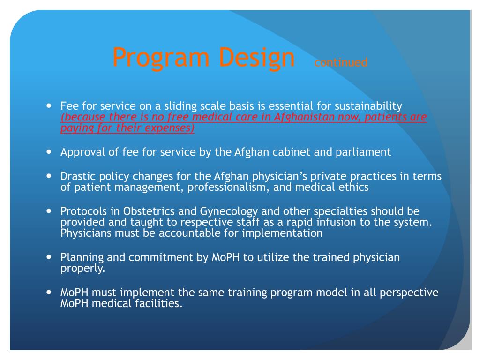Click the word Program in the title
click(x=161, y=57)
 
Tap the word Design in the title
click(x=257, y=57)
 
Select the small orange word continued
click(x=341, y=62)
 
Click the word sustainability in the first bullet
click(x=368, y=106)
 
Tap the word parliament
click(x=363, y=152)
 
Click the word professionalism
click(x=228, y=187)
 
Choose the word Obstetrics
click(x=149, y=211)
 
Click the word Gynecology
click(x=229, y=212)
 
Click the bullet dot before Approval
click(x=49, y=151)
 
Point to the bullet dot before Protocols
click(x=49, y=211)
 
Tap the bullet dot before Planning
click(x=49, y=257)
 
